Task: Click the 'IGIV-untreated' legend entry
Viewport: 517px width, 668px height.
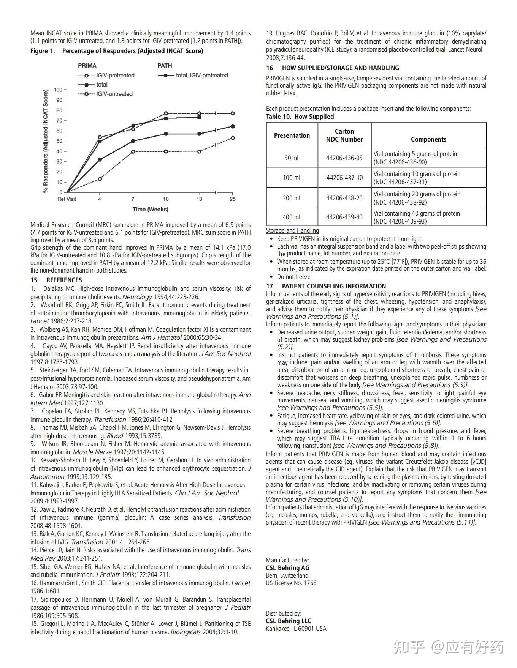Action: tap(114, 94)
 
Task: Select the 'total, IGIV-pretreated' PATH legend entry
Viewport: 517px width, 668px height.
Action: tap(201, 76)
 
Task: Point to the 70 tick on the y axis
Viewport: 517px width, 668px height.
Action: tap(59, 121)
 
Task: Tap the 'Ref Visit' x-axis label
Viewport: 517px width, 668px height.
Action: tap(67, 199)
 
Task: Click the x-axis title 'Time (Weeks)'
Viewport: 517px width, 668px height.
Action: tap(150, 209)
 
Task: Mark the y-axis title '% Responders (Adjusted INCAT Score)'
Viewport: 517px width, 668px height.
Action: tap(46, 141)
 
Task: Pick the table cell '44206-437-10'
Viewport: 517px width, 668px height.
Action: tap(344, 178)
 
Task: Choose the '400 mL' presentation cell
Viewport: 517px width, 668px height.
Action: tap(292, 217)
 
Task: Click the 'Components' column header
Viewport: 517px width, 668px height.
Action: tap(428, 139)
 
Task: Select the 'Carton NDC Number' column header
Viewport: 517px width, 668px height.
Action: tap(344, 135)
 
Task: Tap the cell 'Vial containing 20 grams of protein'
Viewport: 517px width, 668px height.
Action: tap(417, 194)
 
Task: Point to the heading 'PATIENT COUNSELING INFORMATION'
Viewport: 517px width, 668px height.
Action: tap(334, 286)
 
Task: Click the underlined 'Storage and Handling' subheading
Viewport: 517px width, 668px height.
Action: tap(292, 230)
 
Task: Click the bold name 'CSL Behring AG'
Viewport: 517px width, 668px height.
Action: tap(287, 568)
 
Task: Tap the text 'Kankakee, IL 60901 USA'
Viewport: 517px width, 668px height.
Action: tap(296, 629)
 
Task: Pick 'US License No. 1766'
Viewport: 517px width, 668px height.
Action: tap(291, 583)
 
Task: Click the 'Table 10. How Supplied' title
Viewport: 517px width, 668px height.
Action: tap(300, 117)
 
